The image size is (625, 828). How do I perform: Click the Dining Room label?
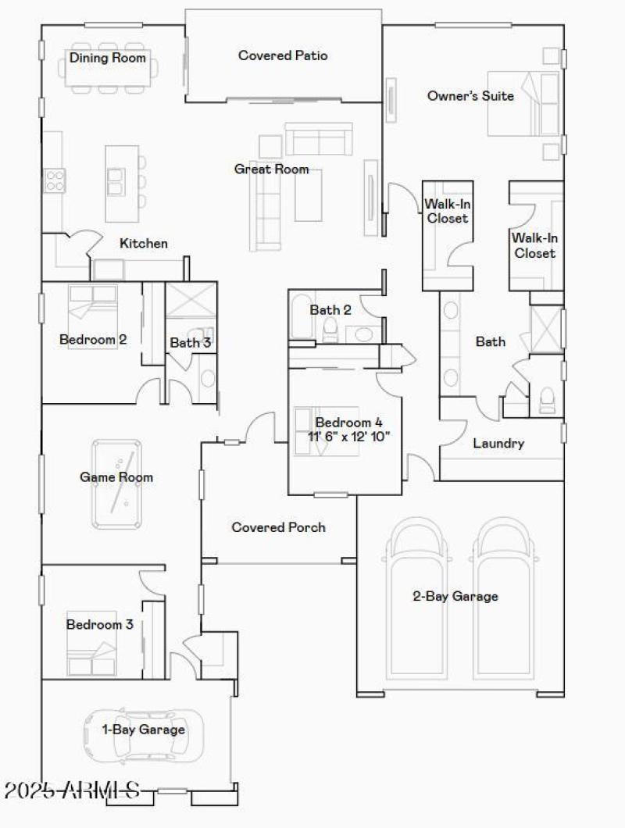click(108, 57)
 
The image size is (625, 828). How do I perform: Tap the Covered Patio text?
click(283, 55)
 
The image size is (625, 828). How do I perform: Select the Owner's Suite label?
click(470, 96)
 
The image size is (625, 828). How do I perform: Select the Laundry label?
click(498, 444)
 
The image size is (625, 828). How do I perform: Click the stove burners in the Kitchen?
click(55, 181)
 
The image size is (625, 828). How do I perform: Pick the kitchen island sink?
click(116, 180)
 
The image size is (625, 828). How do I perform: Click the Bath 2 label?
click(330, 310)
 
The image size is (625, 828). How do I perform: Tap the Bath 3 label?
click(190, 342)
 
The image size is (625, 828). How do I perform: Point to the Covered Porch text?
click(278, 527)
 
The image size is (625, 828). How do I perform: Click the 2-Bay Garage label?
click(455, 597)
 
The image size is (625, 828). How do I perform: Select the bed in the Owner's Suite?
click(516, 105)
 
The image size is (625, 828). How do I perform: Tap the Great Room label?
click(271, 169)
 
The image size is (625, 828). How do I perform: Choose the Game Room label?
click(116, 476)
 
